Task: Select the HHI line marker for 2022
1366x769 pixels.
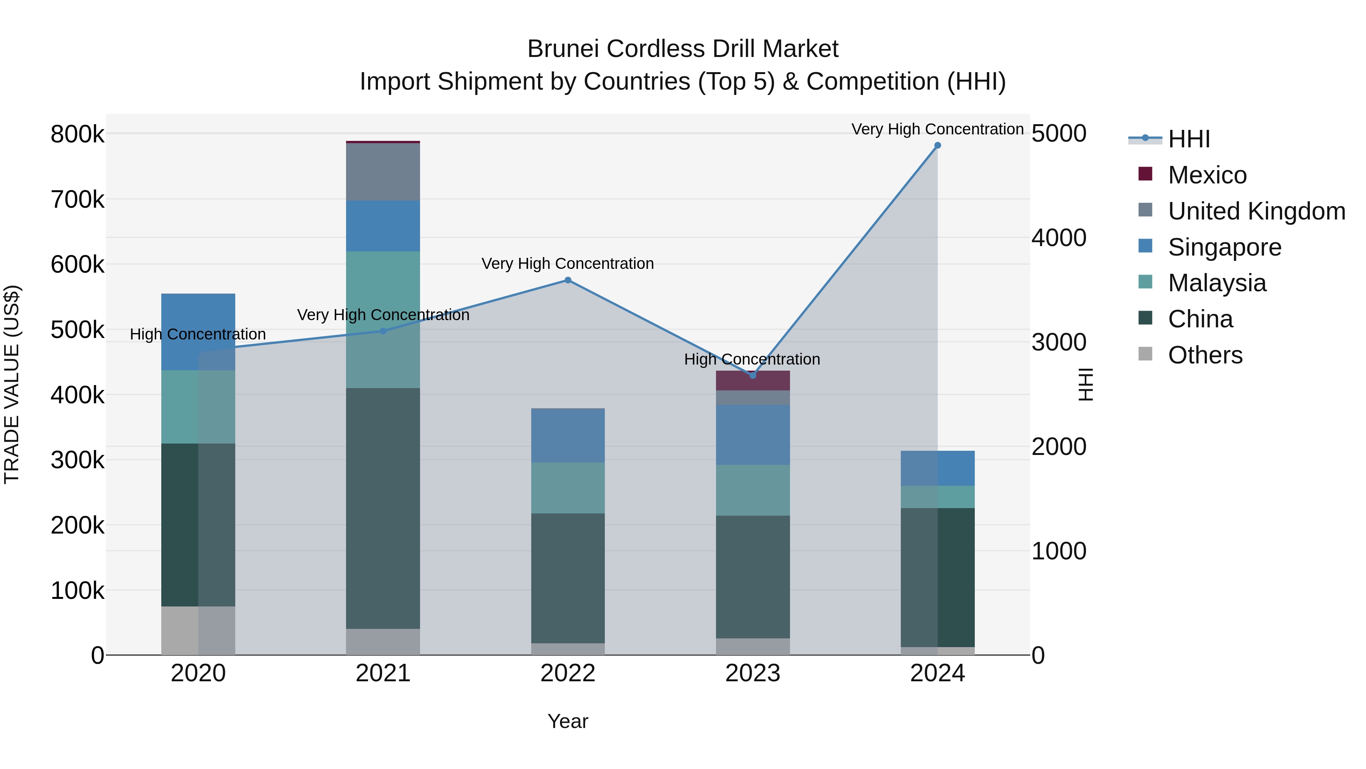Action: pyautogui.click(x=567, y=280)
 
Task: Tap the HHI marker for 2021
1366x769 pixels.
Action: pyautogui.click(x=383, y=331)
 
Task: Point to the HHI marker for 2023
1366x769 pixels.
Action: pyautogui.click(x=752, y=375)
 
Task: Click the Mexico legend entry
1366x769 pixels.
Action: pyautogui.click(x=1207, y=175)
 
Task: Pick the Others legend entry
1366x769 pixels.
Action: pyautogui.click(x=1205, y=355)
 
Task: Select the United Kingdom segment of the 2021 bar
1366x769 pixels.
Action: pyautogui.click(x=383, y=172)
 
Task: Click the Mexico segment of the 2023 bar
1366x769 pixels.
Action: pyautogui.click(x=752, y=381)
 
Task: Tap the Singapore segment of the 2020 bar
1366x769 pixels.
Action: pyautogui.click(x=198, y=332)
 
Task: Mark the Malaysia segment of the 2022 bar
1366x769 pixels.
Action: pyautogui.click(x=567, y=488)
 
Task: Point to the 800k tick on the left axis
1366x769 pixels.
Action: pyautogui.click(x=77, y=134)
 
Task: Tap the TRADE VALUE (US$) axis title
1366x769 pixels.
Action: pyautogui.click(x=12, y=384)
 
